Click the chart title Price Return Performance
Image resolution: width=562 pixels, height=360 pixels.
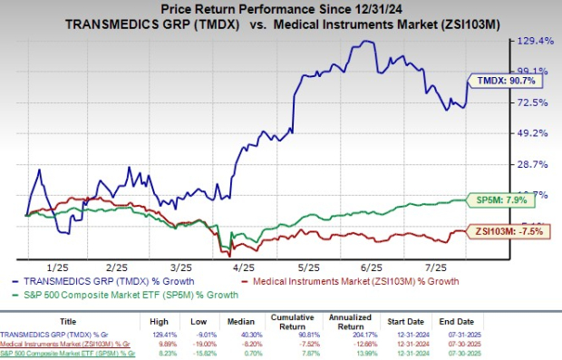(281, 8)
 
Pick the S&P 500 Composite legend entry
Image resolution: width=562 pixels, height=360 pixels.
(127, 295)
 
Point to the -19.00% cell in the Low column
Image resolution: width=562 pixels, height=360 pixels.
(203, 345)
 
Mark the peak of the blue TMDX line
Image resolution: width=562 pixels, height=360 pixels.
(364, 41)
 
